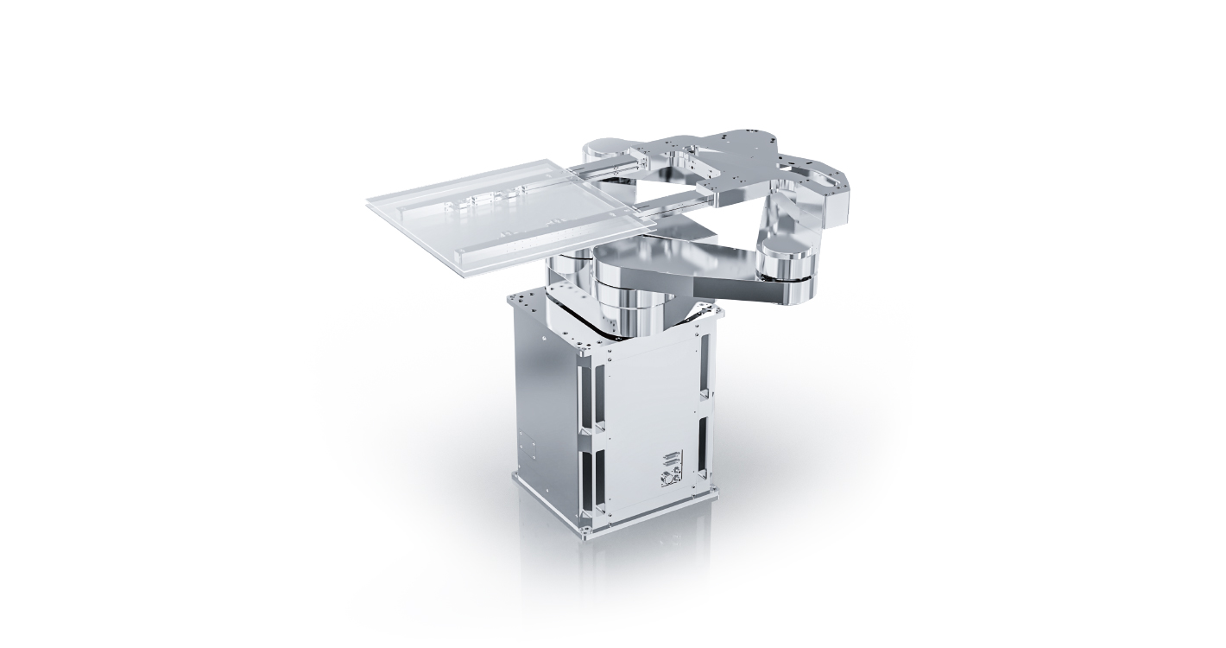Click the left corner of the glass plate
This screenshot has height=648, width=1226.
point(368,203)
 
